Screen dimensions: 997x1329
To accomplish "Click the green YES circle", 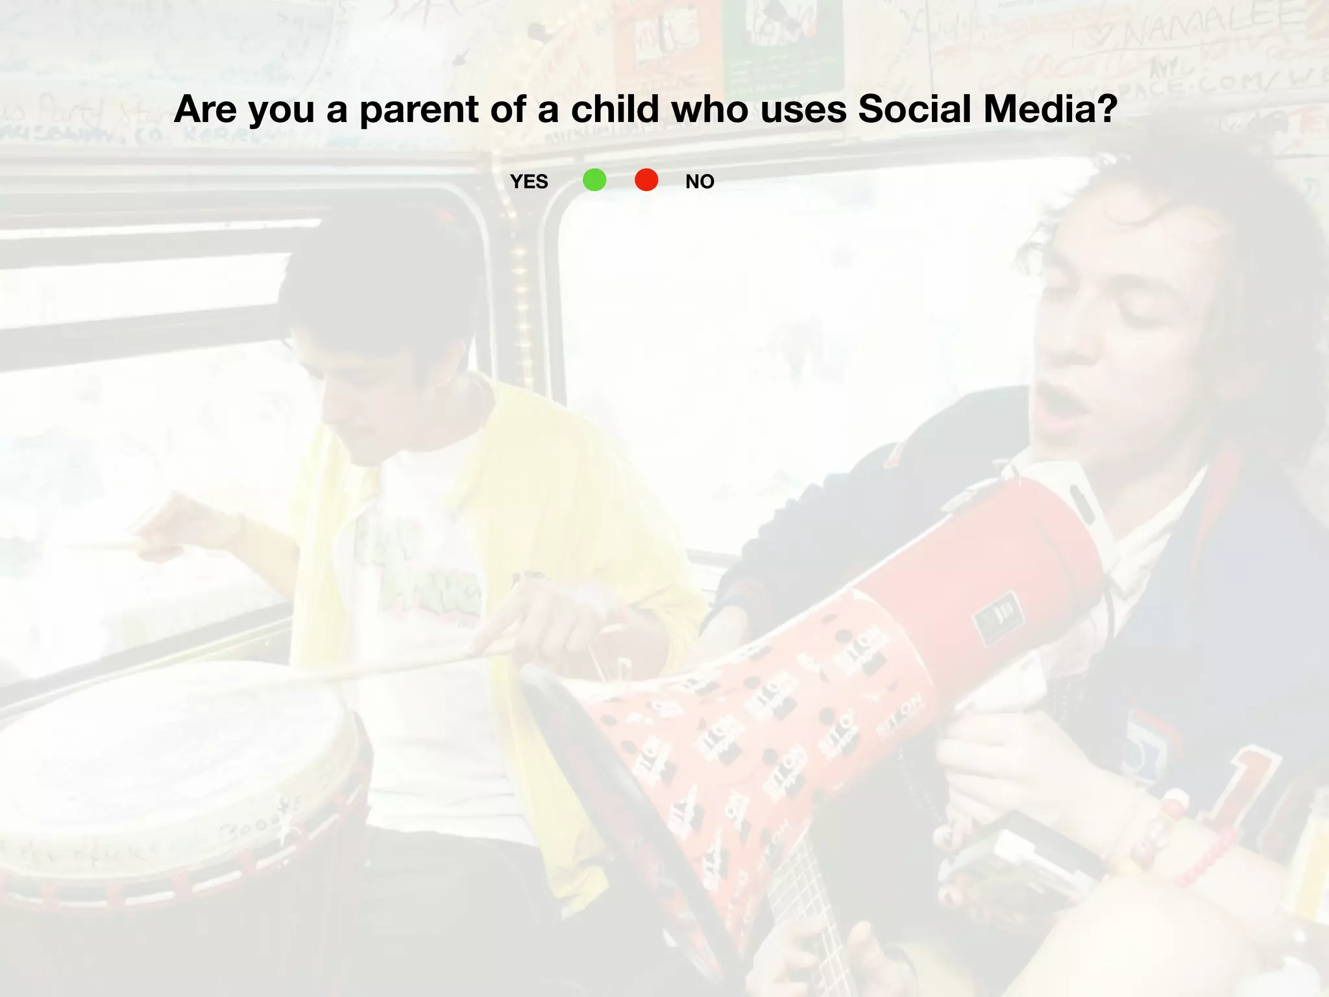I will click(x=594, y=180).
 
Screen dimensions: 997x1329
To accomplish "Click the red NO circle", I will click(x=646, y=180).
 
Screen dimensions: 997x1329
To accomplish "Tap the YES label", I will click(x=529, y=182).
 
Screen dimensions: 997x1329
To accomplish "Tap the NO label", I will click(x=700, y=182).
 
